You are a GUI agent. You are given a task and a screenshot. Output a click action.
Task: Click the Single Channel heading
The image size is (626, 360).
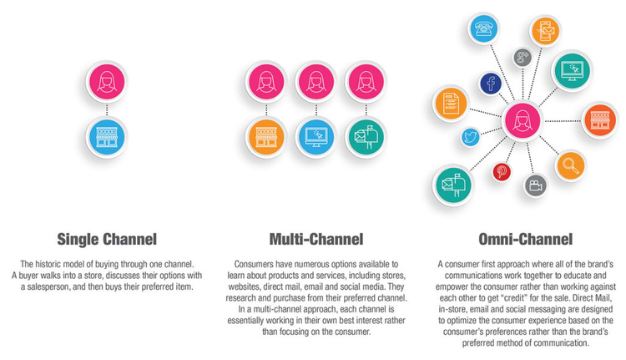click(107, 240)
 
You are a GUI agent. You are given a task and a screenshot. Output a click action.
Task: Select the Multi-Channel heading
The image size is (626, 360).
click(316, 240)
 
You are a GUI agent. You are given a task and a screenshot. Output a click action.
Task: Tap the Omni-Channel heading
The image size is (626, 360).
click(525, 240)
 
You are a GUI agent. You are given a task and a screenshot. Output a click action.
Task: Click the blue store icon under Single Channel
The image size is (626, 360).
click(107, 137)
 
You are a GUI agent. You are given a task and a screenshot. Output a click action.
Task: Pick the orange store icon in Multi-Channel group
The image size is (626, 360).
click(266, 137)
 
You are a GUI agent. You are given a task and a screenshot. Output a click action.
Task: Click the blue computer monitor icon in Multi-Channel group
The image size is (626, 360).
click(316, 137)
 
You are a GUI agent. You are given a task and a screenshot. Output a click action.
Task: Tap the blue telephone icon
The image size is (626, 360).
click(483, 28)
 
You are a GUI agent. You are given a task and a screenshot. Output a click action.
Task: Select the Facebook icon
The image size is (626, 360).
click(490, 84)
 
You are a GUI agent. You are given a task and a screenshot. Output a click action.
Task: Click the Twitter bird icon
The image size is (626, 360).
click(470, 137)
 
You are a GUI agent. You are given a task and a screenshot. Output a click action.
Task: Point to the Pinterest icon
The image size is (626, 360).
click(502, 172)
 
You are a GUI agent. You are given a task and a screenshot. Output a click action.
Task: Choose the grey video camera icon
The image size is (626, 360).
click(535, 185)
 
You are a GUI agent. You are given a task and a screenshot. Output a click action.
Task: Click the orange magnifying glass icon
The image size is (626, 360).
click(571, 165)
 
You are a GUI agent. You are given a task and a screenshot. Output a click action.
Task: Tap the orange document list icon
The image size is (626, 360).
click(451, 104)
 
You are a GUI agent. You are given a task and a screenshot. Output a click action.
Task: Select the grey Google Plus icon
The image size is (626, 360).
click(523, 58)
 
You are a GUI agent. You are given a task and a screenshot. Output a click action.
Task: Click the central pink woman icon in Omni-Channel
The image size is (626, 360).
click(523, 120)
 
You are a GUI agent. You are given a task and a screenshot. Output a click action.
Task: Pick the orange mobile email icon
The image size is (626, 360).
click(545, 30)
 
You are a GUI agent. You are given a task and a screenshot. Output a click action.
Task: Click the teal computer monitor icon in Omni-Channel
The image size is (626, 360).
click(572, 70)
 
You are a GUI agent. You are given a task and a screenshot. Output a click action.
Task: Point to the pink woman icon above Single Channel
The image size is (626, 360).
click(107, 82)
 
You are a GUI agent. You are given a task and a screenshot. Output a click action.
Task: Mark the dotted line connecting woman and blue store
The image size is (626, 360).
click(107, 109)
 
